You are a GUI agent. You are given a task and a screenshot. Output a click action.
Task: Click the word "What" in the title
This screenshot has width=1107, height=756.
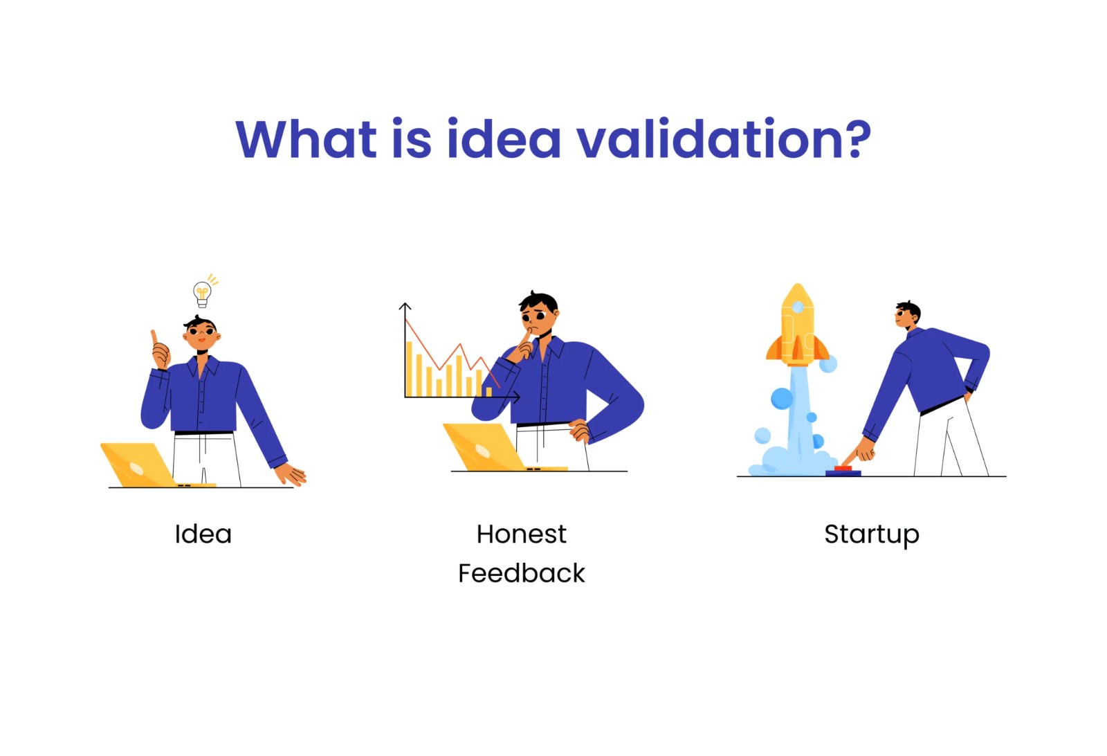[x=306, y=139]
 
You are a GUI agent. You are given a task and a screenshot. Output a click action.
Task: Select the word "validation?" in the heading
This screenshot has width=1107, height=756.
[x=724, y=138]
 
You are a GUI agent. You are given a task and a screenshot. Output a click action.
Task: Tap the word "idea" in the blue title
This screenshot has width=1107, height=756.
[x=504, y=138]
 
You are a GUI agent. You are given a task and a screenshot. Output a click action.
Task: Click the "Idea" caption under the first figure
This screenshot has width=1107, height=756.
[x=203, y=534]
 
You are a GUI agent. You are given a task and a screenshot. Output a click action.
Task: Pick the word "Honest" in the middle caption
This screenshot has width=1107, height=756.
[x=522, y=534]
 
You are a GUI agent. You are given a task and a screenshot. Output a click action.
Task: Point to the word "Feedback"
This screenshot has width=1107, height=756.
[x=522, y=573]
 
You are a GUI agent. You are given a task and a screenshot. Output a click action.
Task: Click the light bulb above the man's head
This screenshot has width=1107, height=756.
[x=202, y=294]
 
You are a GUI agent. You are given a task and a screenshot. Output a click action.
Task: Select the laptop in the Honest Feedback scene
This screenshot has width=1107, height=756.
[x=489, y=447]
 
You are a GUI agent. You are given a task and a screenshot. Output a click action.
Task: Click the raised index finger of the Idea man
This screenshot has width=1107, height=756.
[x=155, y=338]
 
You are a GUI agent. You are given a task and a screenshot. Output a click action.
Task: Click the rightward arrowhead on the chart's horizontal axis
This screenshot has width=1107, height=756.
[x=516, y=397]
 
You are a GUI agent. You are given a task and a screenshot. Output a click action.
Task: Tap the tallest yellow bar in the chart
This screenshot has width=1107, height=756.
[x=409, y=369]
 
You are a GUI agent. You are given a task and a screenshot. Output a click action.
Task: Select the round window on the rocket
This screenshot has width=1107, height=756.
[x=798, y=307]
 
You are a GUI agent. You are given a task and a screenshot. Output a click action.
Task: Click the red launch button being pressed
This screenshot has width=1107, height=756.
[x=843, y=468]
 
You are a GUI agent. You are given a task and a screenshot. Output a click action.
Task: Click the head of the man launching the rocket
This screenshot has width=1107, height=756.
[x=908, y=315]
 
